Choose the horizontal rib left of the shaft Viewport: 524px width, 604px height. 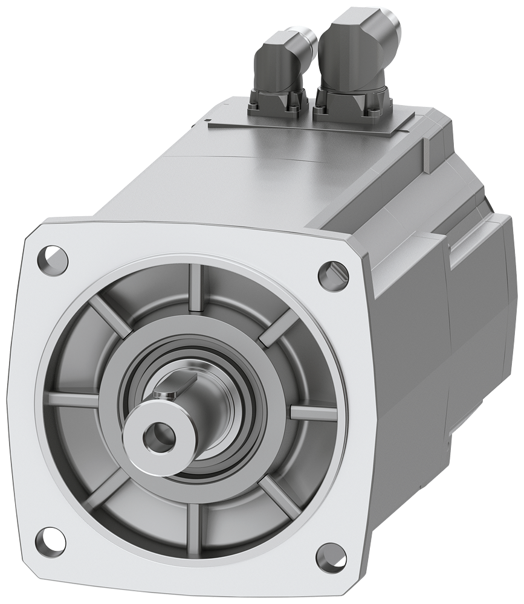pos(74,399)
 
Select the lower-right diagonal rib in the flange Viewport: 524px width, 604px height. pos(280,495)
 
